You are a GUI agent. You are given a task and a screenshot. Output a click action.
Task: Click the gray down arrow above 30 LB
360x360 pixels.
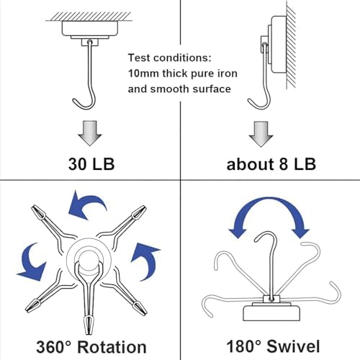coord(90,133)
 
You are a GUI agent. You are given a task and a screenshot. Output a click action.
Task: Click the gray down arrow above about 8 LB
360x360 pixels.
coord(261,134)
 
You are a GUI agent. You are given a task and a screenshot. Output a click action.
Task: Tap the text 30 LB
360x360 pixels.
coord(91,164)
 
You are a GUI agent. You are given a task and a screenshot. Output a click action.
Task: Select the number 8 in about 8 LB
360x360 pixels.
coord(283,164)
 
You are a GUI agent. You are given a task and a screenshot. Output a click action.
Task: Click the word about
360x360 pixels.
coord(250,164)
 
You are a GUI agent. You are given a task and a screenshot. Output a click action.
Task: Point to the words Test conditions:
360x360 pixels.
coord(170,58)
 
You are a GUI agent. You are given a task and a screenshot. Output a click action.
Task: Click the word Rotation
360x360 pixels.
coord(112,347)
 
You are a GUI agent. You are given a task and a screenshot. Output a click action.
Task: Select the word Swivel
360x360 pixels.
coord(293,346)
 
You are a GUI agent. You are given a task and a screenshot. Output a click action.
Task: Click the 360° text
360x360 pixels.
coord(54,347)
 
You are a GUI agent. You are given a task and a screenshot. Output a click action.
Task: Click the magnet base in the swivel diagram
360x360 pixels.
coord(271,312)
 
